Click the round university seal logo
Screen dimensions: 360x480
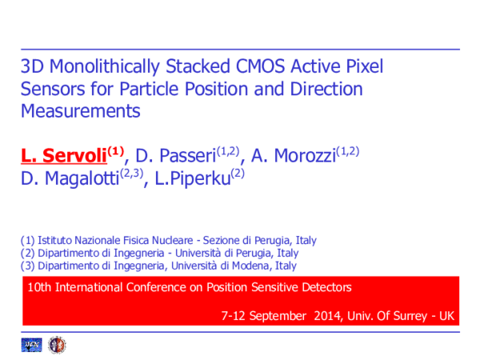tap(56, 345)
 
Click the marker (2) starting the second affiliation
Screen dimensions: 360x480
tap(28, 253)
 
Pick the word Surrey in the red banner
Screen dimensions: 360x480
tap(408, 316)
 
